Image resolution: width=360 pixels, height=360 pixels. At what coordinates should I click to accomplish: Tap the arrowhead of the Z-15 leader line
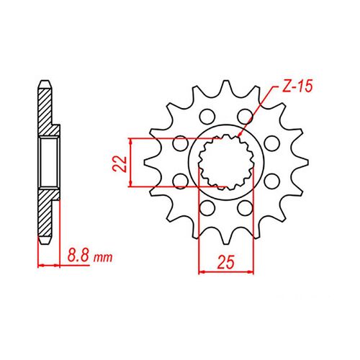pyautogui.click(x=238, y=135)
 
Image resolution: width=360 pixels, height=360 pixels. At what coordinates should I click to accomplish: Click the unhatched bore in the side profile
pyautogui.click(x=48, y=163)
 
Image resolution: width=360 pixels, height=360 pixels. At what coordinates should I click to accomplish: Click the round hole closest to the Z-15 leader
pyautogui.click(x=246, y=116)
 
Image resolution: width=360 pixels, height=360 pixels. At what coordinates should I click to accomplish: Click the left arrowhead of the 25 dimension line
pyautogui.click(x=200, y=272)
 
